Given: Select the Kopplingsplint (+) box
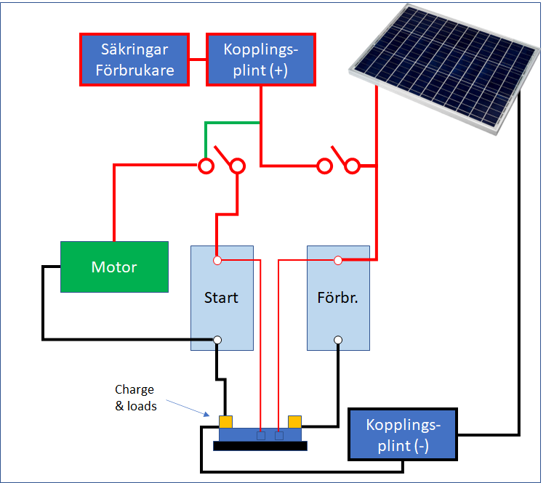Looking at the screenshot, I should (261, 59).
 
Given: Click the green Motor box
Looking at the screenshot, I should (114, 267).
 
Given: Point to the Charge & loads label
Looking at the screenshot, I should (135, 398).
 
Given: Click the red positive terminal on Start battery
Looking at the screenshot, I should (217, 260).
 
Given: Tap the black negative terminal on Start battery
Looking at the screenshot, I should (217, 339).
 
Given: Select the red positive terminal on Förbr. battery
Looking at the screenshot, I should (338, 260).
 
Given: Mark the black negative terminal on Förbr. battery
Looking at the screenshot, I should (338, 339).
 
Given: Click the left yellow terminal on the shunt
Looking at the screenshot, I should (225, 421).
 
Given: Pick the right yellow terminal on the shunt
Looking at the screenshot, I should (294, 421).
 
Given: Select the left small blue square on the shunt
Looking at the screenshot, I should (260, 436).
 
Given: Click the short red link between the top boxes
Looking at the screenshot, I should (198, 59).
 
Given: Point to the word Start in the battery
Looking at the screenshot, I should (221, 298).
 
